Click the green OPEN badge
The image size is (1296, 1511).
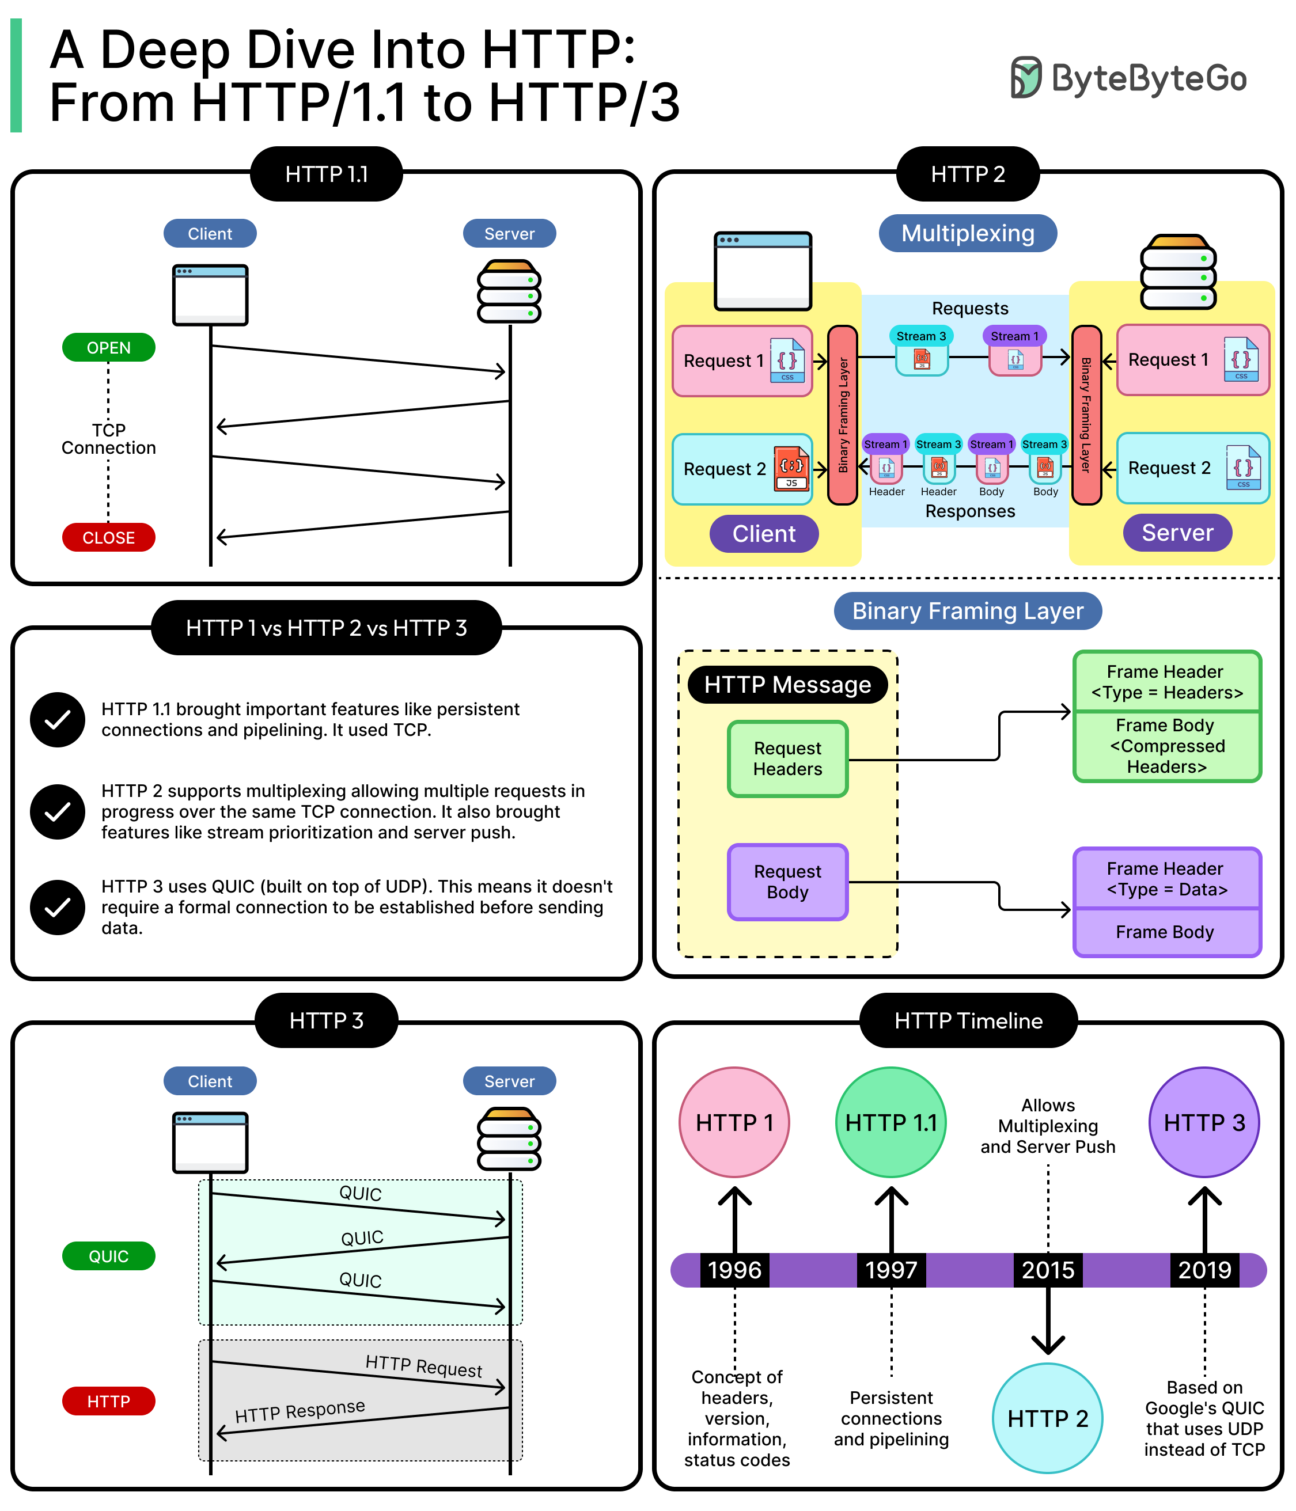click(109, 348)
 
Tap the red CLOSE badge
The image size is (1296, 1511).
click(109, 537)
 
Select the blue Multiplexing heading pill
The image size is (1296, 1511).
click(967, 233)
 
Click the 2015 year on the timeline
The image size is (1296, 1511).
click(1047, 1270)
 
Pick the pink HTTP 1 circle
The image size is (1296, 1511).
click(734, 1122)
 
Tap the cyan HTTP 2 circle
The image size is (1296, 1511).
click(1047, 1418)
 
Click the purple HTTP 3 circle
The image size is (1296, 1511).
click(1203, 1122)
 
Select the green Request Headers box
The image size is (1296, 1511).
click(787, 758)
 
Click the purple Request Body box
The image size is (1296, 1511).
click(787, 882)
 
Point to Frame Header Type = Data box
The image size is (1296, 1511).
click(1166, 879)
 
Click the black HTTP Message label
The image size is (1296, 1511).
click(787, 685)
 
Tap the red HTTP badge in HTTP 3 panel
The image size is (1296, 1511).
click(109, 1401)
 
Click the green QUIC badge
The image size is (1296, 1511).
click(109, 1256)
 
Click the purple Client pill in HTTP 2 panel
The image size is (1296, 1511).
click(764, 534)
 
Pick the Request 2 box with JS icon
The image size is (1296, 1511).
click(742, 469)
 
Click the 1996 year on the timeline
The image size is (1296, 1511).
click(734, 1270)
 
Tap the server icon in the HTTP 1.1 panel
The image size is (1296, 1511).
click(509, 292)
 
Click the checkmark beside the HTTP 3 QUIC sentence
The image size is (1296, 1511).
click(58, 907)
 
